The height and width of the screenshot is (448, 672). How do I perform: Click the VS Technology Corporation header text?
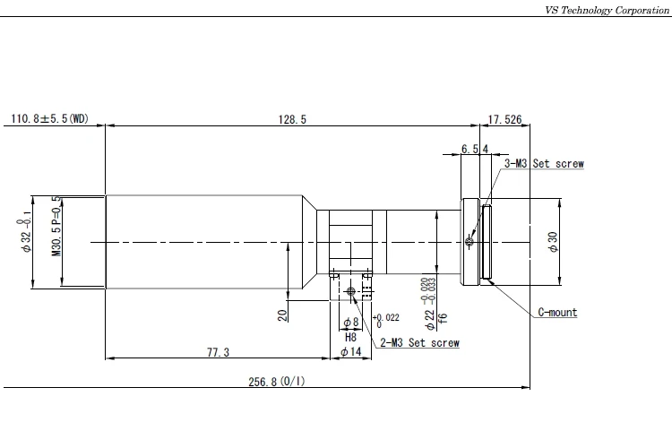tap(607, 10)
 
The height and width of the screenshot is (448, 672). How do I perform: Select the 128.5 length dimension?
tap(292, 119)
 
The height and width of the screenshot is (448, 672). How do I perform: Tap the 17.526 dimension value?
tap(504, 119)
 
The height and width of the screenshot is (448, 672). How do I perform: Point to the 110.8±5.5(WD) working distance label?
tap(49, 118)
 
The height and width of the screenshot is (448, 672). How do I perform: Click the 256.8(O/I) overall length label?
tap(277, 381)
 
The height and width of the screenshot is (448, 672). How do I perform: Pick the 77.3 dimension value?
tap(218, 352)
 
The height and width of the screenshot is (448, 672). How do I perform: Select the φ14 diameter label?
tap(351, 352)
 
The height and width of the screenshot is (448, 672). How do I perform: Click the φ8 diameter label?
tap(351, 322)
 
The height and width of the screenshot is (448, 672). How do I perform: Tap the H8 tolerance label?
tap(350, 337)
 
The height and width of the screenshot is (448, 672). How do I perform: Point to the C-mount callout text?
tap(557, 312)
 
